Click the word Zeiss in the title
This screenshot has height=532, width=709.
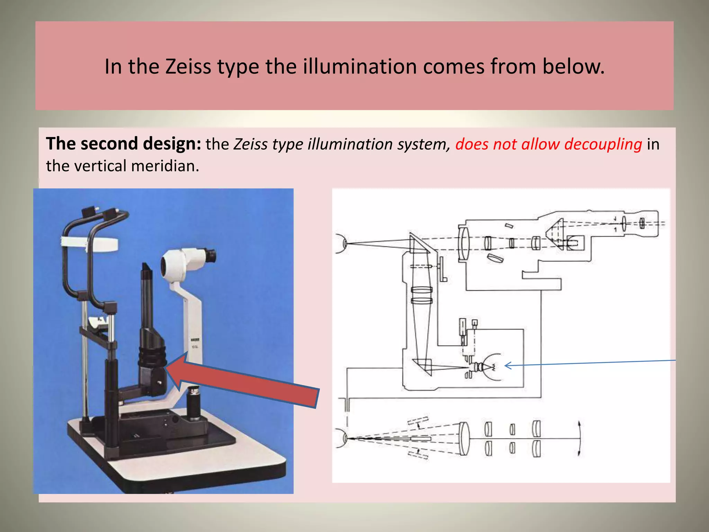[x=188, y=66]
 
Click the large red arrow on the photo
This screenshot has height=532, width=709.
[x=242, y=381]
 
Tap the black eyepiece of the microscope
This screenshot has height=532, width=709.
[x=209, y=256]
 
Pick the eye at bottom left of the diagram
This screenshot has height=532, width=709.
[x=341, y=438]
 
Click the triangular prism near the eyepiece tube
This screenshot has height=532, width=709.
[x=556, y=233]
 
